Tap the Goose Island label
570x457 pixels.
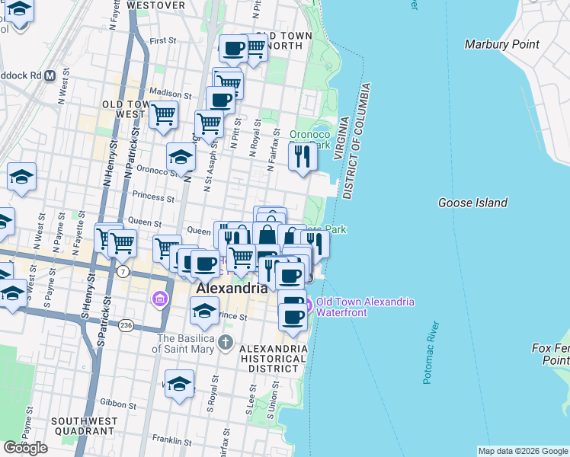coord(472,203)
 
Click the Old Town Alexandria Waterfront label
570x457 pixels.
coord(365,307)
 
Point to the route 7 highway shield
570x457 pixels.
coord(123,272)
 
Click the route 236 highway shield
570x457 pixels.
coord(125,325)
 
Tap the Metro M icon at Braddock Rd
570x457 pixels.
coord(50,76)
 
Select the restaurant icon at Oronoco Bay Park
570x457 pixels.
coord(303,156)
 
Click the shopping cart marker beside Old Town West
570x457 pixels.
coord(163,115)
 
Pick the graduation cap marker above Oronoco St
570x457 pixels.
coord(181,157)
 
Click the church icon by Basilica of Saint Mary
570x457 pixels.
coord(224,342)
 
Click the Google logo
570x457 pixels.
coord(25,447)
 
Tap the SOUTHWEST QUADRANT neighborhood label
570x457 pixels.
coord(84,427)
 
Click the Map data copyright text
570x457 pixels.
coord(522,451)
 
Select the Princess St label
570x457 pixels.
coord(153,197)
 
